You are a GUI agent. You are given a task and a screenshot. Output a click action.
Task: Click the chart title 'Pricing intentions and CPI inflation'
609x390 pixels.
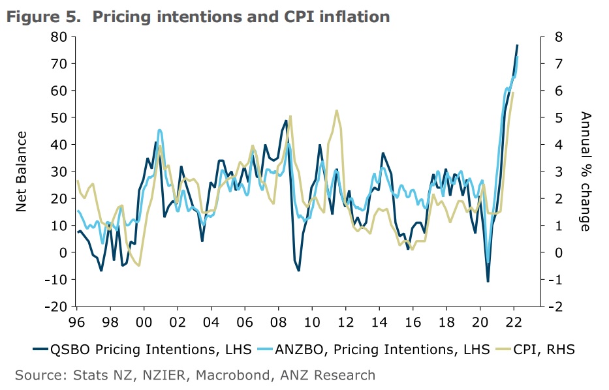pos(241,17)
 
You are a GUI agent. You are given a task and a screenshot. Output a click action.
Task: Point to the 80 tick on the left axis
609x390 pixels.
pos(59,37)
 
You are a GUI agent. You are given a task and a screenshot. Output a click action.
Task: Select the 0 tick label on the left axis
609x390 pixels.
pos(63,252)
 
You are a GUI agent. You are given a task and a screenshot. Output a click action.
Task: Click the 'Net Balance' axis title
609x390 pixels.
pos(21,171)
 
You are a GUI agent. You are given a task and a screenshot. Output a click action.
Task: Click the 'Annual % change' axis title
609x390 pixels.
pos(585,171)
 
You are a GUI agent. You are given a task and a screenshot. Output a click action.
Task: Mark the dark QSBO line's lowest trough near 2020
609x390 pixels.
pos(488,282)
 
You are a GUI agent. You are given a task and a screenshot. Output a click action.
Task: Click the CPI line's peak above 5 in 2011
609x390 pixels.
pos(336,111)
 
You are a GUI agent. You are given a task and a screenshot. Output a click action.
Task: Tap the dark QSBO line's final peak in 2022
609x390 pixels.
pos(517,45)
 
